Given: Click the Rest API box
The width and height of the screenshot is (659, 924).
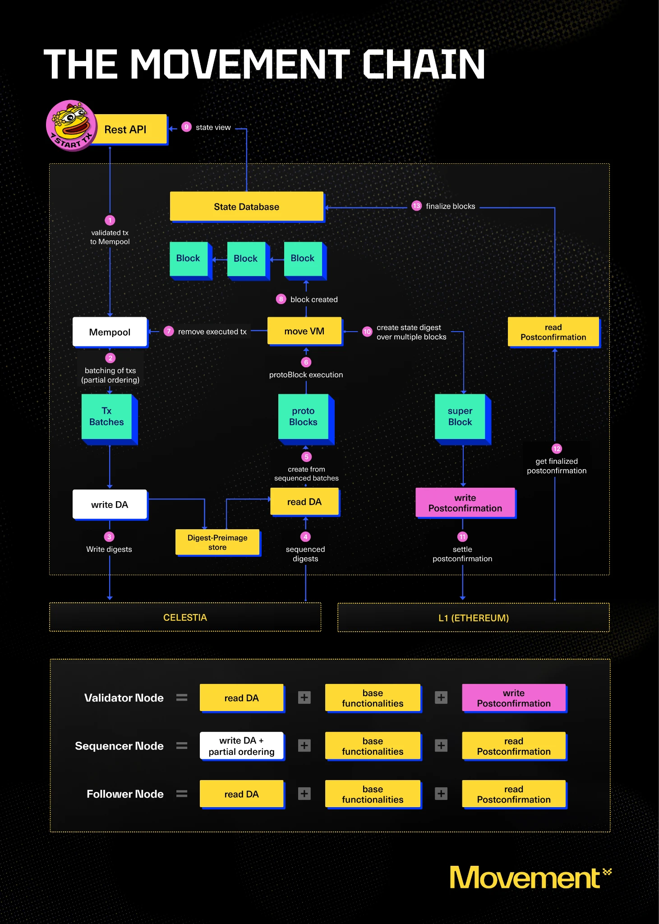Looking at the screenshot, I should pos(129,129).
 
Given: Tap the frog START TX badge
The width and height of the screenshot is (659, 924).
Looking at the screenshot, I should pos(71,125).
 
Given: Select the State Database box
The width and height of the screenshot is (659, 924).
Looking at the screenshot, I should pos(246,207).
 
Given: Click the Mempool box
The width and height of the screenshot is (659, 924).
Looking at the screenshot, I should pos(110,332).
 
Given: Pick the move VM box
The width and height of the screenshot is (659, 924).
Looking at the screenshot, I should pos(304,331).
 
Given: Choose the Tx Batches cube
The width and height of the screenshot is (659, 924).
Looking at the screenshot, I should pos(107,416).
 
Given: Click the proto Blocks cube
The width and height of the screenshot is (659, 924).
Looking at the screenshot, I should pos(303,416).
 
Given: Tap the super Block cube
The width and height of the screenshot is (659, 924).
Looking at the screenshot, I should pos(460,416).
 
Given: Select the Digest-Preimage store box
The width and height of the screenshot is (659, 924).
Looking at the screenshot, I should pos(217,542).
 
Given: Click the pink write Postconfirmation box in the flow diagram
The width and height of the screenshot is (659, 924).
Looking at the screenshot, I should pos(465,503).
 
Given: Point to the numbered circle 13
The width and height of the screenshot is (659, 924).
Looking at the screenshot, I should pos(416,206).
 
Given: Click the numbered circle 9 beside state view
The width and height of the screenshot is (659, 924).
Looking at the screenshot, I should pos(186,127).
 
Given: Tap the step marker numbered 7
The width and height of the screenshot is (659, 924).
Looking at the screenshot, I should pos(169,331).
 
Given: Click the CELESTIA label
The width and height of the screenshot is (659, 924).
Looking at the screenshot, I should pos(185,617).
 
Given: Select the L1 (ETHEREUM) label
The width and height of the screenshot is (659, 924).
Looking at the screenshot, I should pos(473,618).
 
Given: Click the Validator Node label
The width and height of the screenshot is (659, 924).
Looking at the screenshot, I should pos(124,698).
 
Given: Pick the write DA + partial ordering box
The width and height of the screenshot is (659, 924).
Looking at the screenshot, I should pos(241,746).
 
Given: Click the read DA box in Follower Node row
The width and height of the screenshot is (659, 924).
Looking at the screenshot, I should pos(241,794).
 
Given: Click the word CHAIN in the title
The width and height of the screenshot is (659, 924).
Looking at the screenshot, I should pos(424,65).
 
